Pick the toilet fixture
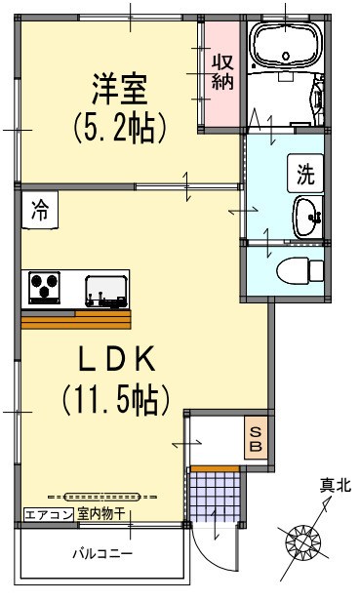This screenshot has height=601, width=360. click(x=299, y=268)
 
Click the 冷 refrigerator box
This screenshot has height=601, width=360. click(x=40, y=207)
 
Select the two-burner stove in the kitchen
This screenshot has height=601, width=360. click(x=45, y=287)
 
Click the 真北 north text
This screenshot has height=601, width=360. click(x=335, y=485)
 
